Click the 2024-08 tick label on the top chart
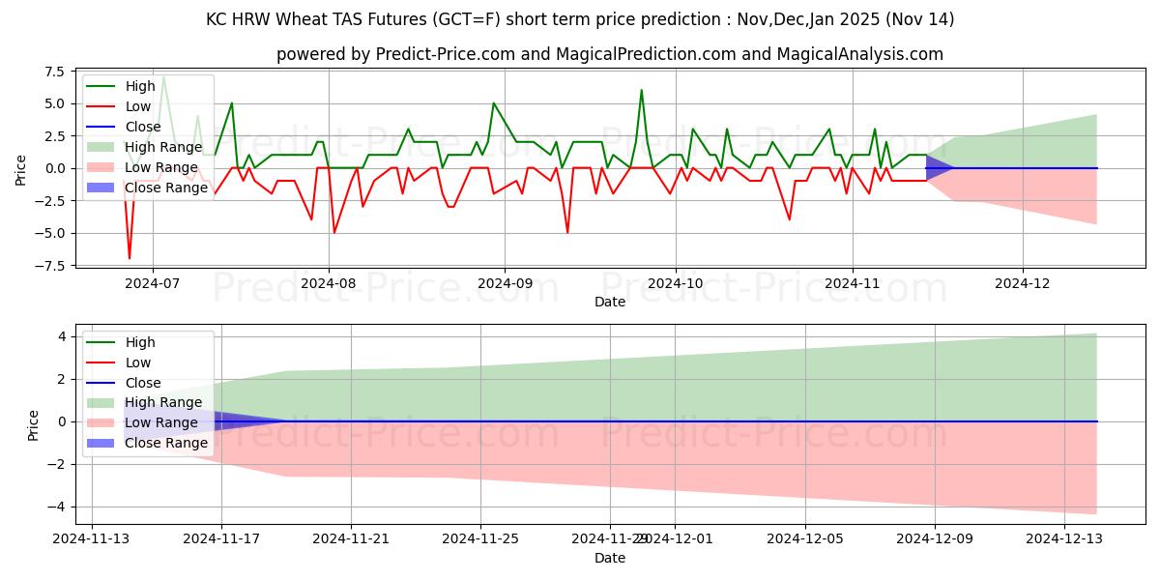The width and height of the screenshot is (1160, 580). [x=329, y=283]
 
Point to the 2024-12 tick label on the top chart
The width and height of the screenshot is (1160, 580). [x=1023, y=283]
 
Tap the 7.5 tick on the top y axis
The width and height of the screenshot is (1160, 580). [x=54, y=72]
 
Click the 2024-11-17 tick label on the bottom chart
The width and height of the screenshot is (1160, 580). [x=221, y=539]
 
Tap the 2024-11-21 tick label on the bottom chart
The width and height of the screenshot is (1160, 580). [x=351, y=539]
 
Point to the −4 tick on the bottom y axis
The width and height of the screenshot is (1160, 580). [x=58, y=507]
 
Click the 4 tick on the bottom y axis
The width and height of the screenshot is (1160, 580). [x=62, y=336]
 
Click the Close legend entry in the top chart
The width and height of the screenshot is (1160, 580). [x=143, y=127]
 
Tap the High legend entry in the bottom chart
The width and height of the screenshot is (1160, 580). [x=140, y=342]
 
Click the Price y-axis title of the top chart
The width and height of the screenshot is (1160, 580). [x=21, y=169]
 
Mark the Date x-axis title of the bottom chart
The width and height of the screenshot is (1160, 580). [x=609, y=558]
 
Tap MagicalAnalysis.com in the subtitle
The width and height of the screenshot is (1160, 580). [x=866, y=54]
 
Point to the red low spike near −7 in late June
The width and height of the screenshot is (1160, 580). [x=130, y=258]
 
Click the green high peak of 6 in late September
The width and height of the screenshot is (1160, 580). [x=641, y=91]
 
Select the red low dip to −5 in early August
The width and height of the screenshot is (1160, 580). [x=334, y=232]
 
